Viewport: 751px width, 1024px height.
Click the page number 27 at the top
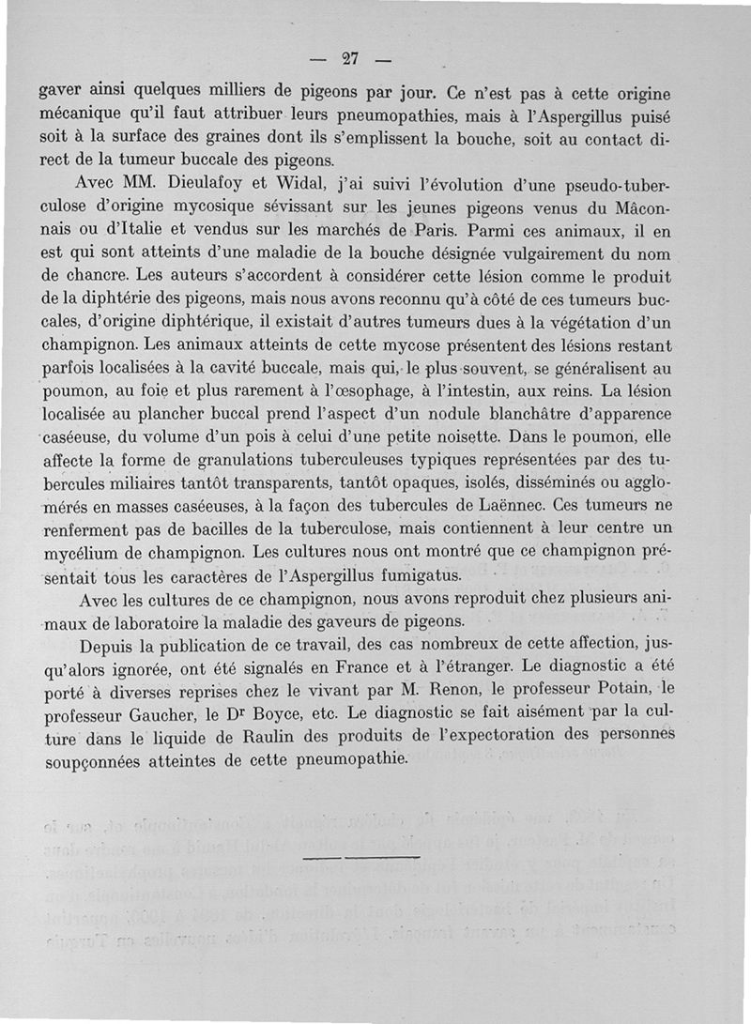[x=351, y=58]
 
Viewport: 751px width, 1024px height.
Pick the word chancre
[x=93, y=277]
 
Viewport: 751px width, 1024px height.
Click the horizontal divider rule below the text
[x=361, y=857]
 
